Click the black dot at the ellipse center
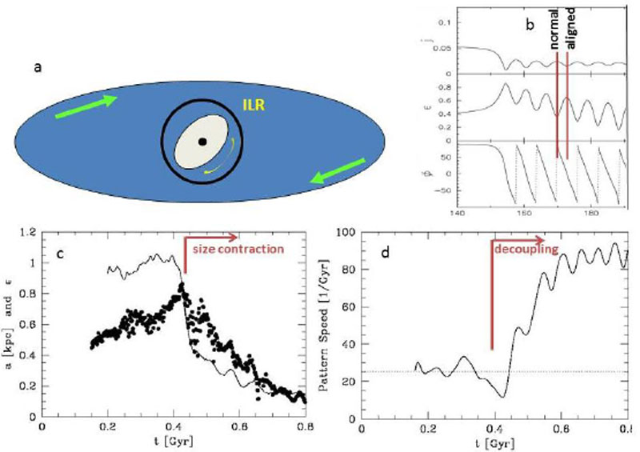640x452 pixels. coord(203,142)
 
